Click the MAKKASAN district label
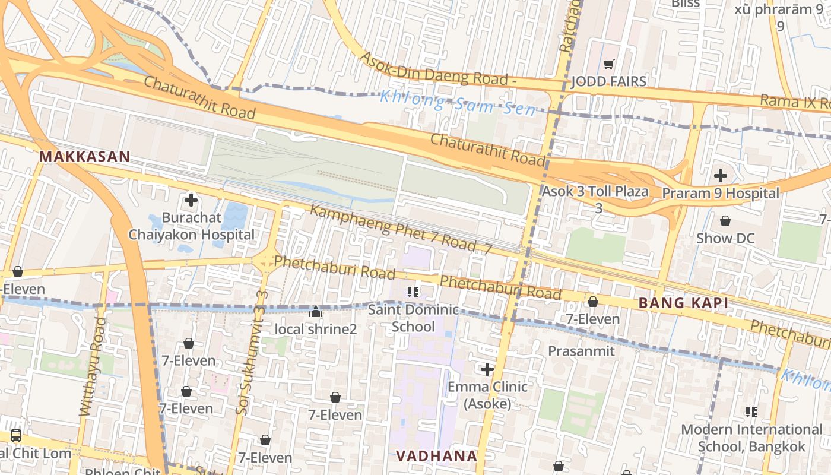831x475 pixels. click(84, 157)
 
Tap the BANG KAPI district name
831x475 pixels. click(683, 303)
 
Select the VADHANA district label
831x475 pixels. click(436, 456)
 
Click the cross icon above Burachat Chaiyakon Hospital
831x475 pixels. click(191, 200)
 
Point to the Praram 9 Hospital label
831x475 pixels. click(720, 193)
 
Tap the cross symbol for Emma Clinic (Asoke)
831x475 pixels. click(487, 369)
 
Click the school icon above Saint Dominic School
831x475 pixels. click(413, 292)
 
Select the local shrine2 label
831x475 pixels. click(316, 328)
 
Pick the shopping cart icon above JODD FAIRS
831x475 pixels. click(608, 64)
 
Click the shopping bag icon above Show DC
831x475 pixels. click(725, 221)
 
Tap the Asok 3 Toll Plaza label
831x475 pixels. click(595, 192)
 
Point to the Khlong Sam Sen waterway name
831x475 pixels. click(457, 103)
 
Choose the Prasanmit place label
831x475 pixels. click(581, 351)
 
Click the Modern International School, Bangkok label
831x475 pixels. click(751, 438)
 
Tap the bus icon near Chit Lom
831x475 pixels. click(16, 435)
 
